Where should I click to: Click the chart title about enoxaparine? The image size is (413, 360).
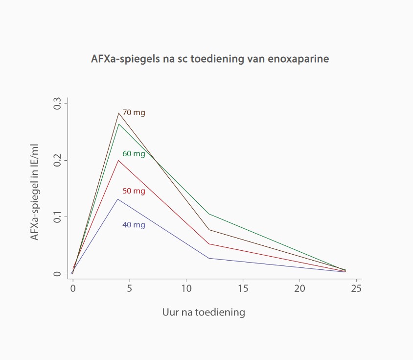(210, 59)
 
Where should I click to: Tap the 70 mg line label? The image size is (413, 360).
(134, 113)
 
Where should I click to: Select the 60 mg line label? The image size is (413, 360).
(134, 154)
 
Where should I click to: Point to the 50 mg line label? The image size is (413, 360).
(134, 191)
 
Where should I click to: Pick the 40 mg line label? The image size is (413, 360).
(134, 225)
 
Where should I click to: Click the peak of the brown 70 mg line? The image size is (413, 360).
(118, 113)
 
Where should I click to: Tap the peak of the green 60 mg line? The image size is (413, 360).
(118, 124)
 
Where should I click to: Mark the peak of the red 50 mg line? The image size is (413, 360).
(118, 160)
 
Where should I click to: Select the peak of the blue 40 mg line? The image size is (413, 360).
(118, 199)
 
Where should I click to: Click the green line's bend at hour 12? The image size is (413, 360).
(209, 214)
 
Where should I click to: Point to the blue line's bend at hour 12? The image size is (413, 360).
(209, 258)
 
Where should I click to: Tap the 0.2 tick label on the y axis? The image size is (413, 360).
(58, 160)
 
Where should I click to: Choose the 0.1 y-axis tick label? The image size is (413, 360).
(58, 216)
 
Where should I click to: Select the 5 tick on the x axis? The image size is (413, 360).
(130, 288)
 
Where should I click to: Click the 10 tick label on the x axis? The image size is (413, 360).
(186, 288)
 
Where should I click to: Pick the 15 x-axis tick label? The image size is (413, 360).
(243, 288)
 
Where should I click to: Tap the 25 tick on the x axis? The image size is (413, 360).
(357, 288)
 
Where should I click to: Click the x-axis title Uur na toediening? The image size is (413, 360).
(204, 312)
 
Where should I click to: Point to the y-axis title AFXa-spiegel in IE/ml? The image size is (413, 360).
(35, 192)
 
